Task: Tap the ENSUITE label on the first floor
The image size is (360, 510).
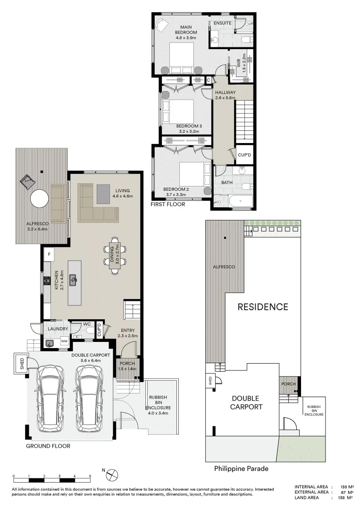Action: coord(222,23)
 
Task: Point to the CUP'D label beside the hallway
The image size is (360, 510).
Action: coord(244,154)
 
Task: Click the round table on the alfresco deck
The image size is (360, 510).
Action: coord(39,199)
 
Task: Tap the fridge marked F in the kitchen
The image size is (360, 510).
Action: coord(48,255)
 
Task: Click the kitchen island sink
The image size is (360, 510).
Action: coord(73,280)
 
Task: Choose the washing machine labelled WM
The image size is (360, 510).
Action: coord(64,341)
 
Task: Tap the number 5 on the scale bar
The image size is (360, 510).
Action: coord(90,476)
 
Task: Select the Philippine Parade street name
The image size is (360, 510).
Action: coord(241,469)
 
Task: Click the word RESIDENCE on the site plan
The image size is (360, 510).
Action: coord(262,307)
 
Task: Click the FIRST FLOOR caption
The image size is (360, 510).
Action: coord(167,204)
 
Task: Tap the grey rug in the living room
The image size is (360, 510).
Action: coord(103,193)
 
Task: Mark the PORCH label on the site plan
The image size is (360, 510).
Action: coord(288,384)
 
